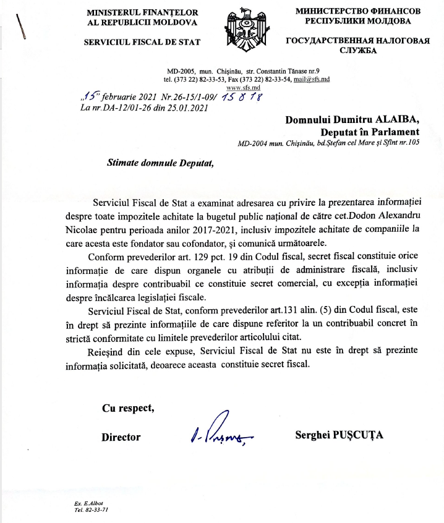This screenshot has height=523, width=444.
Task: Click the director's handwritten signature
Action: [221, 431]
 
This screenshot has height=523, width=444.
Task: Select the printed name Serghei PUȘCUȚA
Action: [339, 435]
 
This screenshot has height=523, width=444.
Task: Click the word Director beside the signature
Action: [121, 437]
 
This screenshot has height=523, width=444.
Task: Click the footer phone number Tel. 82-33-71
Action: [91, 511]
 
